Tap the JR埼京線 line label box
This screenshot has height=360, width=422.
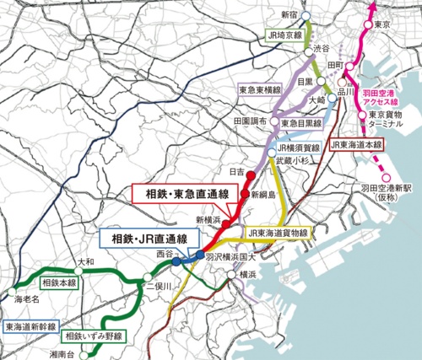[281, 35]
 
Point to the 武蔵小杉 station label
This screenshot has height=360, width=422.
[289, 165]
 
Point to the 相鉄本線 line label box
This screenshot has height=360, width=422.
[59, 283]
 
